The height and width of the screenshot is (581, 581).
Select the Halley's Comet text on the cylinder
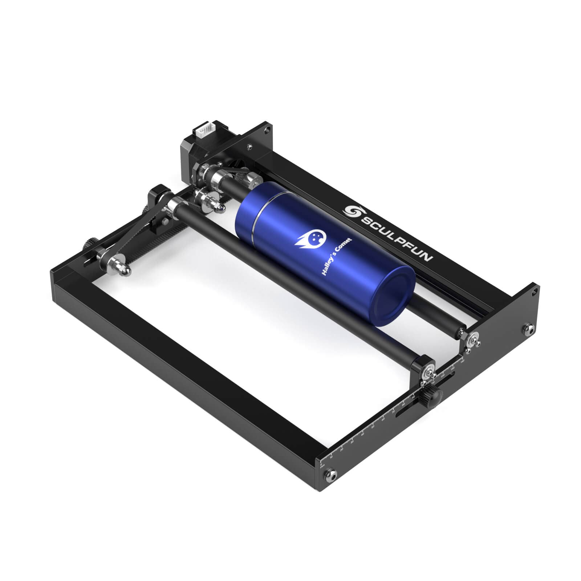[337, 256]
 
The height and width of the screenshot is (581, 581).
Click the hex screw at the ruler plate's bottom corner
[331, 473]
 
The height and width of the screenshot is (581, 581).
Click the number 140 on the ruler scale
[462, 362]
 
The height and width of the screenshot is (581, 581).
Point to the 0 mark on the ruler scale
[321, 464]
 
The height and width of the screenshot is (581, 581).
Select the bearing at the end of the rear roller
[473, 340]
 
